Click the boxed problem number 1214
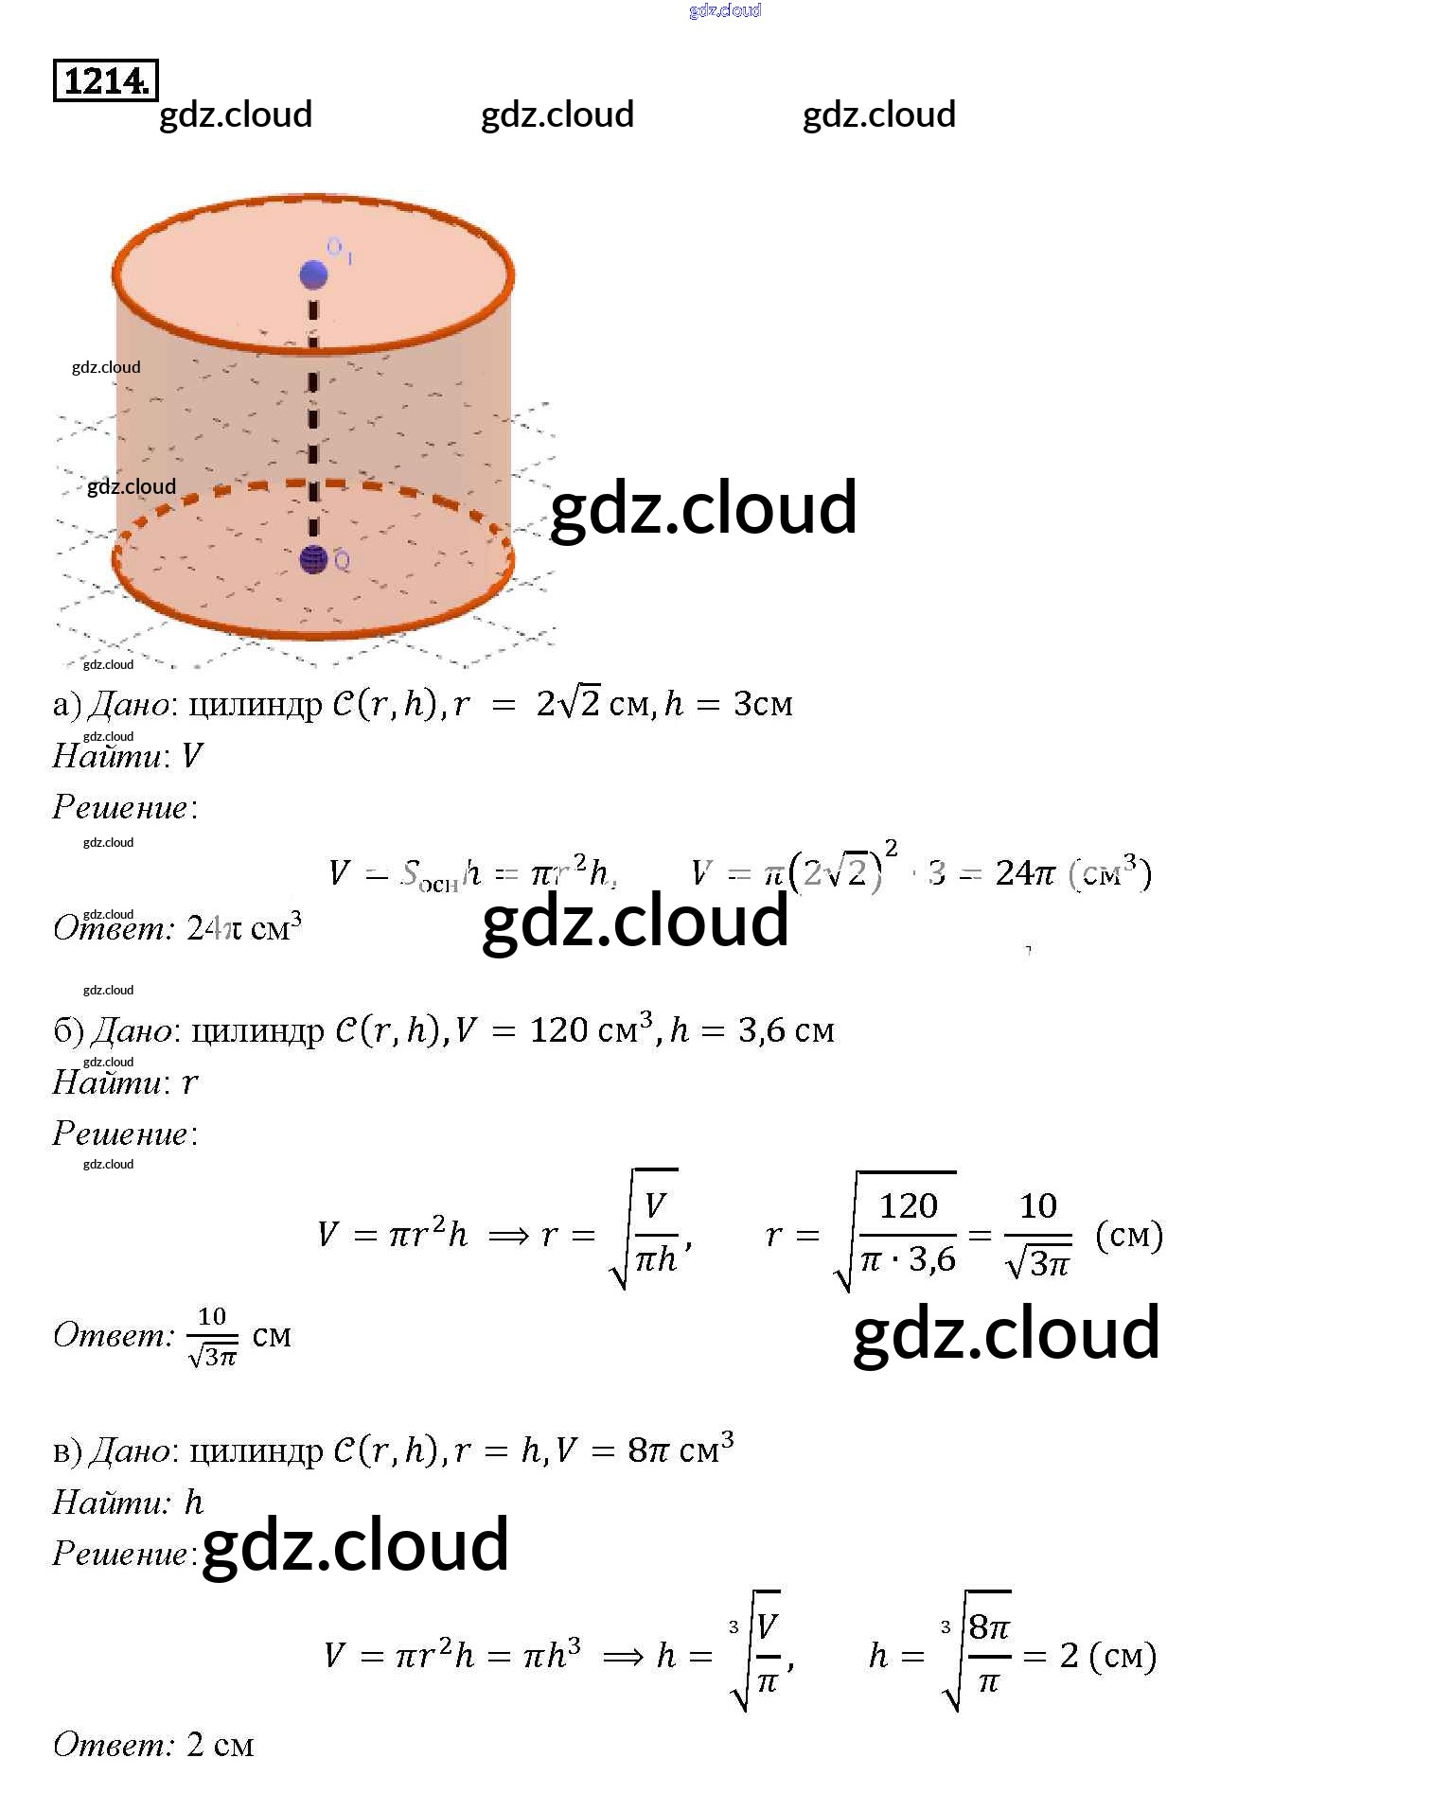pos(105,80)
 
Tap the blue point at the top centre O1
pos(313,274)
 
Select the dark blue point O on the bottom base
pos(313,559)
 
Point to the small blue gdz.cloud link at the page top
pos(724,10)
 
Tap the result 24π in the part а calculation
pos(1024,872)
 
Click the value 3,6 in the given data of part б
pos(761,1030)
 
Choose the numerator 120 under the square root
pos(908,1205)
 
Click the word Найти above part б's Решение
pos(106,1081)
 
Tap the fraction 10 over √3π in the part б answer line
pos(213,1336)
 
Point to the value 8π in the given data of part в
pos(649,1450)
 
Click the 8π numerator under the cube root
pos(989,1627)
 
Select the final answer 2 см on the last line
pos(220,1744)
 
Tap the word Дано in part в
pos(130,1450)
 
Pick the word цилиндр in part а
pos(256,704)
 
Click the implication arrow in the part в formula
pos(623,1656)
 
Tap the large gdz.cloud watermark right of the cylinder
pos(703,508)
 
